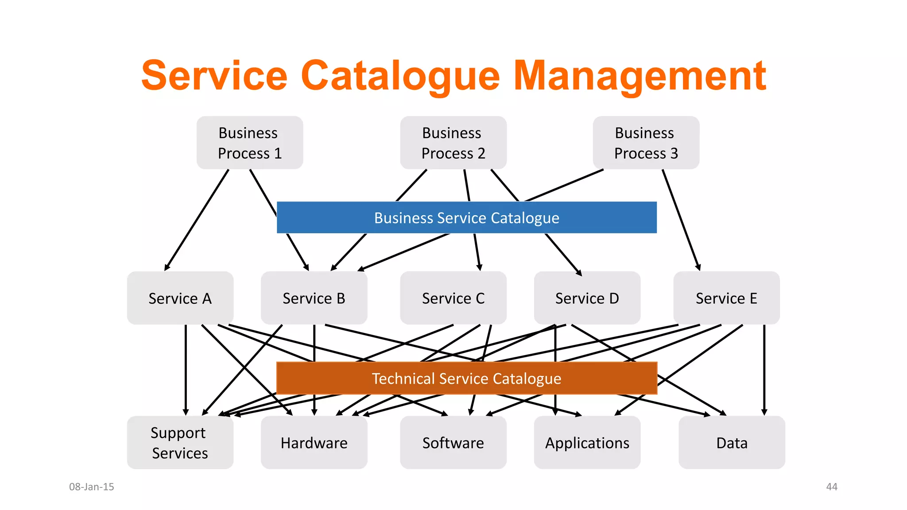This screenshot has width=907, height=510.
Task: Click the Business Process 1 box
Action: point(250,143)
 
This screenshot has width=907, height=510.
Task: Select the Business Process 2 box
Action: point(453,143)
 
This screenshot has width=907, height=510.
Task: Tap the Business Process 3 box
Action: point(646,143)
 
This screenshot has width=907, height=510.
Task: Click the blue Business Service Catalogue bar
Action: point(466,217)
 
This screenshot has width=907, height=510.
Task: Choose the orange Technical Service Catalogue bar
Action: point(466,378)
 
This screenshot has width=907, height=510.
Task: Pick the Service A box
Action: point(180,298)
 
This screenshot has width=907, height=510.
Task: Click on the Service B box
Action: point(314,298)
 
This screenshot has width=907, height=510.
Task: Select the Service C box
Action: point(453,298)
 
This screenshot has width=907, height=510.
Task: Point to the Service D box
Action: point(587,298)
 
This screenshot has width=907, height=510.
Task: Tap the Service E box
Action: point(726,298)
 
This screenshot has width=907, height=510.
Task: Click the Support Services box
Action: point(180,442)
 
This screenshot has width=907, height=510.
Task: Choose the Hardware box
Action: point(314,442)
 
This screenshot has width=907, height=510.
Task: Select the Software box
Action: point(453,442)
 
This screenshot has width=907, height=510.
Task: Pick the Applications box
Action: point(587,442)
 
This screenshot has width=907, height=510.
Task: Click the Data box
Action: point(732,442)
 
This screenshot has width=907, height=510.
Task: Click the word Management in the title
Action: point(640,76)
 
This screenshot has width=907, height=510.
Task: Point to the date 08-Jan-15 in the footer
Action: point(91,487)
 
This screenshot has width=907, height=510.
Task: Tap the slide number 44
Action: point(832,487)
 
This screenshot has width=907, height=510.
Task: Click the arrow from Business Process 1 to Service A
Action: point(197,220)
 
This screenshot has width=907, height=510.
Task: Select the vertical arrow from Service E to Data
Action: point(764,370)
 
